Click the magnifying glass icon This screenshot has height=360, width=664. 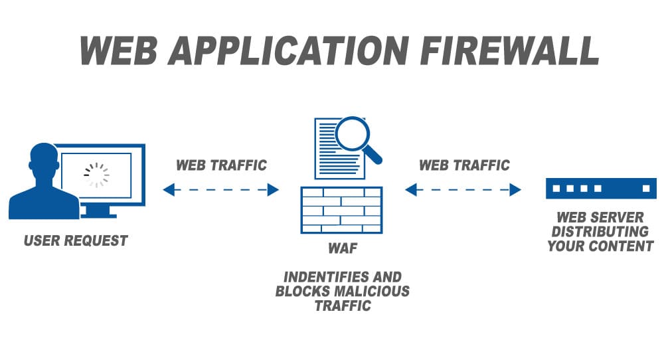click(356, 136)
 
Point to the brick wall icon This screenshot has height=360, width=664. click(341, 210)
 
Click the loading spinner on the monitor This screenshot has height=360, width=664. click(96, 174)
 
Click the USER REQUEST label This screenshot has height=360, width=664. click(76, 240)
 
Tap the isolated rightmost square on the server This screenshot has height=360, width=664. click(645, 189)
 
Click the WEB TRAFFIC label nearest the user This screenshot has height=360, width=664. click(221, 165)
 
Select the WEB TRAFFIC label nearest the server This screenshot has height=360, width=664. click(465, 165)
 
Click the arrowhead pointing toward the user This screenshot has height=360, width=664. click(169, 190)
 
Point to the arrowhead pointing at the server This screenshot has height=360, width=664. click(515, 190)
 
